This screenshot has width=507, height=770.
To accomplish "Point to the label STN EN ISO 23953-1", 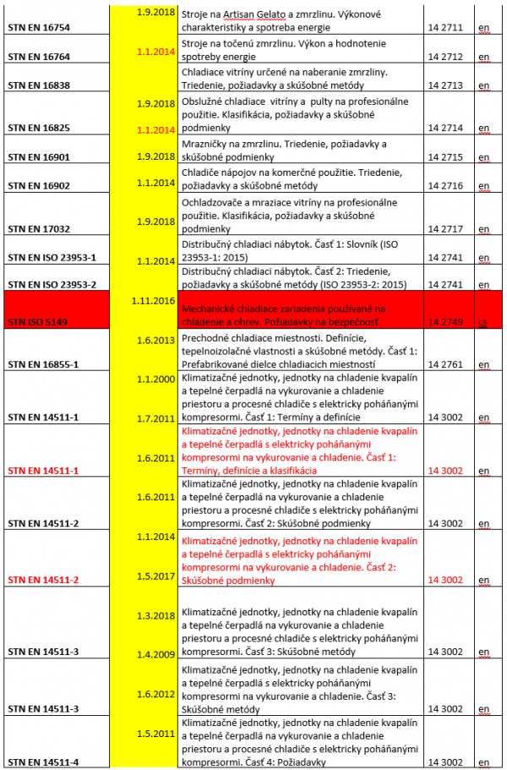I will (x=52, y=257).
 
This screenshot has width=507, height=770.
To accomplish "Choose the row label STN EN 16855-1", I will (x=43, y=365).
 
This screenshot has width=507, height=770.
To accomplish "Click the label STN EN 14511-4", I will (x=43, y=762).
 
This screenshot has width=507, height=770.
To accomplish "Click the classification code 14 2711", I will (x=445, y=28).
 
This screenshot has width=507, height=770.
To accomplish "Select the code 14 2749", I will (x=445, y=322).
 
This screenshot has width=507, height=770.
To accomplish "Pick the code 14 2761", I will (x=445, y=365).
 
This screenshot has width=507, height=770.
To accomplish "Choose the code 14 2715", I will (x=445, y=157).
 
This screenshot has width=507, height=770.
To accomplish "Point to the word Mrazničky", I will (x=208, y=145).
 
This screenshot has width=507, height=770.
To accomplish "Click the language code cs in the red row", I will (x=482, y=322).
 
